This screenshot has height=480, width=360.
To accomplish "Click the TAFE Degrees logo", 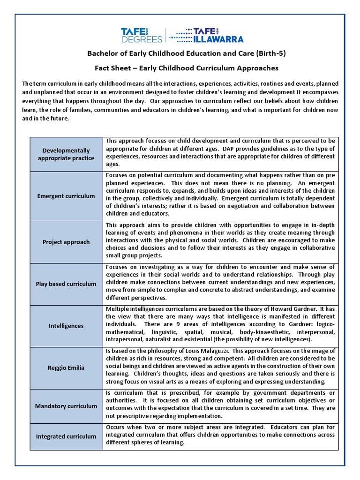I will coord(141,35).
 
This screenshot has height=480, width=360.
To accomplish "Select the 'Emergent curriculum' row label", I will coord(66,196).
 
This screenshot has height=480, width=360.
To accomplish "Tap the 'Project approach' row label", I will coord(66,242).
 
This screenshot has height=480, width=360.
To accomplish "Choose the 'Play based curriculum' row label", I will coord(66,284).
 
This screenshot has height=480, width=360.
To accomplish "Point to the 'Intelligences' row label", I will coord(66,325).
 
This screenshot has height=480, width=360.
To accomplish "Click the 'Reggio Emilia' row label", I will coord(66,367).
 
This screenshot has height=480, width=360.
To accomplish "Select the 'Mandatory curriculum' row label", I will coord(66,406).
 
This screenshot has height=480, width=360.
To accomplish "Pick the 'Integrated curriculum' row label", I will coord(66,436).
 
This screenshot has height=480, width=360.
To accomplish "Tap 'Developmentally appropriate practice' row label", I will coord(66,154).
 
